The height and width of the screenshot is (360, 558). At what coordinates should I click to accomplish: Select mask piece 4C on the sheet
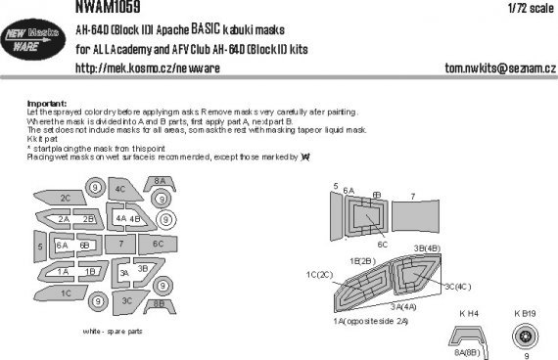coord(121,189)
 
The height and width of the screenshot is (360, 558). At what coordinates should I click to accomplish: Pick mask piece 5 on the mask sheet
coord(41,248)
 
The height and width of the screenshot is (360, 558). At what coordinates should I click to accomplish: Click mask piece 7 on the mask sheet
coord(121,243)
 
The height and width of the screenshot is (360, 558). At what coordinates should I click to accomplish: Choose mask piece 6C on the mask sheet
coord(158,243)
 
